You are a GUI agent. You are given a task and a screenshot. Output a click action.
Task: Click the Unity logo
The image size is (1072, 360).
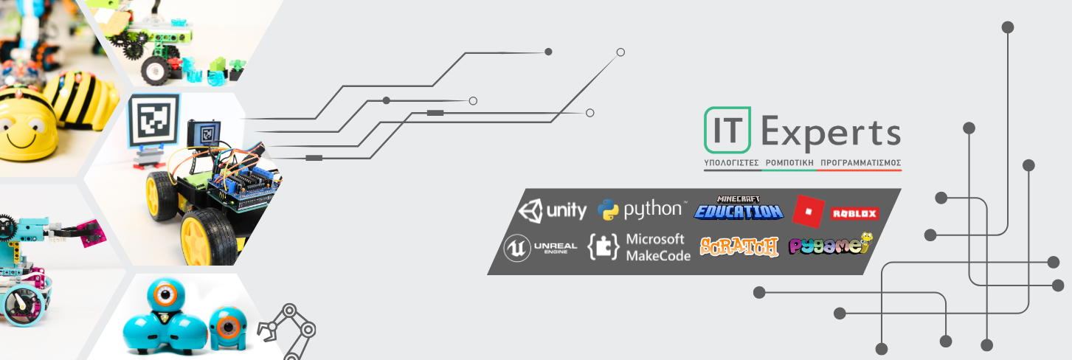coord(553,211)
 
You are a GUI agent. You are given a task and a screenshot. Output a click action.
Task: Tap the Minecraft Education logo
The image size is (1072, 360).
coord(738,209)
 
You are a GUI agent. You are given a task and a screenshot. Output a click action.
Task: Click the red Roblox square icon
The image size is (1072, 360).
coord(808,211)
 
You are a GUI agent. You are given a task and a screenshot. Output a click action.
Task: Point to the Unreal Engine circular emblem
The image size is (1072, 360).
coord(516,248)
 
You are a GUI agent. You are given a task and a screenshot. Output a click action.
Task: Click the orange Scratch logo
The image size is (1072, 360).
coord(739,246)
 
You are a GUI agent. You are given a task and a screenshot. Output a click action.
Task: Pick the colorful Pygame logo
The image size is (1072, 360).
coord(830,246)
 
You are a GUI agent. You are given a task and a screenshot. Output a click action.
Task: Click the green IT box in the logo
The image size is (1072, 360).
coord(727,132)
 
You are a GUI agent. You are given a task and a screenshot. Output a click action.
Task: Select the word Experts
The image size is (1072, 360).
coord(830,134)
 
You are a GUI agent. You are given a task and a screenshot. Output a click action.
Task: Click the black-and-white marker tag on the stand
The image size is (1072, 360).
coord(153,120)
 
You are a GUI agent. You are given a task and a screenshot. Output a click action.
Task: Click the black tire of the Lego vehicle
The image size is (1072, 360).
coord(154,70)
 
